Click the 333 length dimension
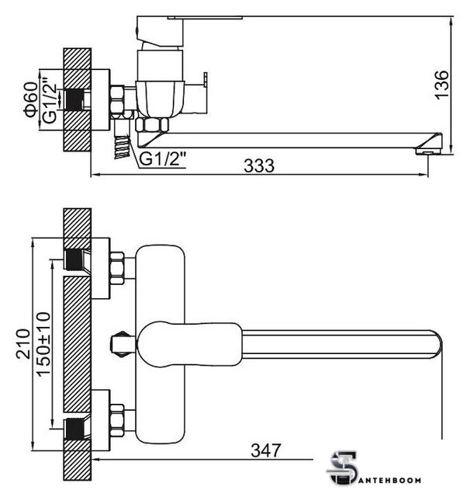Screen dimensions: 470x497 [259, 165]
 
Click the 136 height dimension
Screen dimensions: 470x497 [442, 85]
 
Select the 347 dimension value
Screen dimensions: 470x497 [266, 450]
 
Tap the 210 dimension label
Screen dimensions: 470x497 [23, 344]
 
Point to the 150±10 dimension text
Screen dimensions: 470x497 [43, 345]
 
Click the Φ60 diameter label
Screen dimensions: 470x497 [31, 99]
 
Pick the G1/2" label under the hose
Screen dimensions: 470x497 [162, 159]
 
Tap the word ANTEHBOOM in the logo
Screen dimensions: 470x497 [391, 480]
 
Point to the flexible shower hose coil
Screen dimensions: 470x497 [122, 147]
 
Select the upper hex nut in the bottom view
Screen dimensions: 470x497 [116, 268]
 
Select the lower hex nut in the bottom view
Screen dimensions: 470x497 [116, 421]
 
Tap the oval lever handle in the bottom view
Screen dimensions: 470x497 [190, 344]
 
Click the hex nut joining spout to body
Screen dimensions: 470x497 [152, 124]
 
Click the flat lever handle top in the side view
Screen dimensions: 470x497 [205, 17]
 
